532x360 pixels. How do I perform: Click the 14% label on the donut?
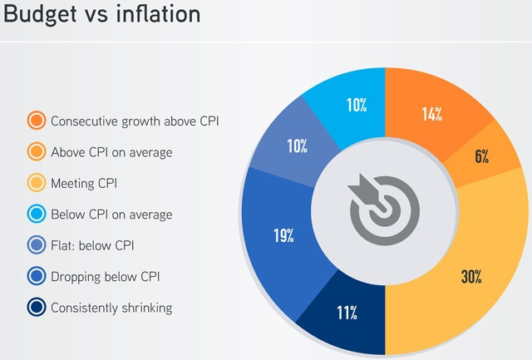click(x=431, y=115)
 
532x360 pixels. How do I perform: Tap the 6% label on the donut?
click(x=481, y=155)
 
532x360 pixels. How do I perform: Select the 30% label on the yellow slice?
click(x=472, y=277)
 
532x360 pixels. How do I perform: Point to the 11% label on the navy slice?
click(x=347, y=313)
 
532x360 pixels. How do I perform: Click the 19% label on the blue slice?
click(x=284, y=236)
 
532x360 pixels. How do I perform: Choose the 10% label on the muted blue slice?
click(x=298, y=147)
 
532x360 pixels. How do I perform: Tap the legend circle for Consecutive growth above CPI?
click(x=37, y=121)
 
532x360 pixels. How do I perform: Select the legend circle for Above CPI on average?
click(x=37, y=152)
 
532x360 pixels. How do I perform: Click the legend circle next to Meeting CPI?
click(x=37, y=183)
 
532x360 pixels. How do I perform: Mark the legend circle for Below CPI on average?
click(x=37, y=215)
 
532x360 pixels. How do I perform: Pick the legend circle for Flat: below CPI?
click(x=37, y=245)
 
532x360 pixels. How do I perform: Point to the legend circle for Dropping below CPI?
click(x=37, y=277)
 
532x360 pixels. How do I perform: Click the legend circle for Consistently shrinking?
click(x=37, y=308)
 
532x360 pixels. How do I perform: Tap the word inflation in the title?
click(x=174, y=17)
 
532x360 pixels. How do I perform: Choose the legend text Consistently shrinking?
click(x=111, y=308)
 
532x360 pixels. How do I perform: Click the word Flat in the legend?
click(x=64, y=245)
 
